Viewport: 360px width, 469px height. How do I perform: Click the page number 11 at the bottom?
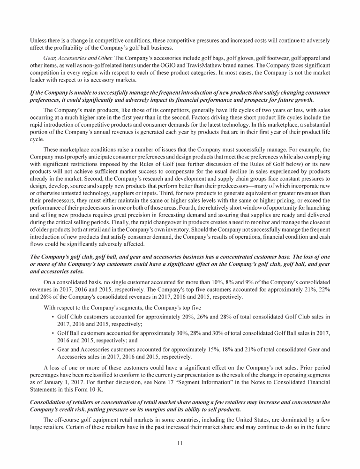pos(180,444)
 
